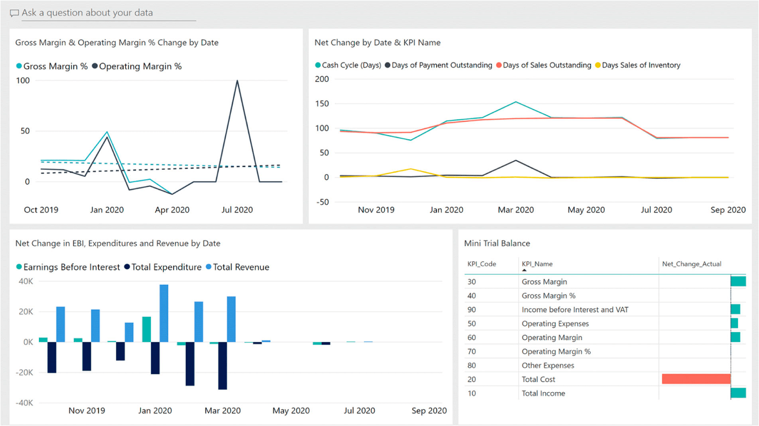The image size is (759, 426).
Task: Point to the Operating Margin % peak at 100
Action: pyautogui.click(x=237, y=81)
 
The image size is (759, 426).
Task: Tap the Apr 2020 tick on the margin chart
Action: pyautogui.click(x=172, y=210)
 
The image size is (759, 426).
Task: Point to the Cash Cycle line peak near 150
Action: pyautogui.click(x=516, y=102)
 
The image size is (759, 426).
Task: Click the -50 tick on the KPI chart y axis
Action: pyautogui.click(x=322, y=202)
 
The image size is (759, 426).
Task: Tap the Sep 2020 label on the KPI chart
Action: pyautogui.click(x=728, y=210)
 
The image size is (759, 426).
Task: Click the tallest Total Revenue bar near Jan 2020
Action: pyautogui.click(x=164, y=313)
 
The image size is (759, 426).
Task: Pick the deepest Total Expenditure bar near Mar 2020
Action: pyautogui.click(x=223, y=366)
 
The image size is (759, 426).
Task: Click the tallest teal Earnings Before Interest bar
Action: pyautogui.click(x=147, y=329)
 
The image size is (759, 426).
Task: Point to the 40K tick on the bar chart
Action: pyautogui.click(x=26, y=282)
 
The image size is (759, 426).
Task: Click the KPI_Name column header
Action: pyautogui.click(x=537, y=264)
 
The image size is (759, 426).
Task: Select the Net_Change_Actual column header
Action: pyautogui.click(x=691, y=264)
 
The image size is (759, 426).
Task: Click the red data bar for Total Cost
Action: pyautogui.click(x=696, y=379)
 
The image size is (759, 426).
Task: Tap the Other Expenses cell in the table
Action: pyautogui.click(x=548, y=366)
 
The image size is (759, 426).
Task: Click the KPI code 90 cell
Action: pyautogui.click(x=472, y=310)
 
